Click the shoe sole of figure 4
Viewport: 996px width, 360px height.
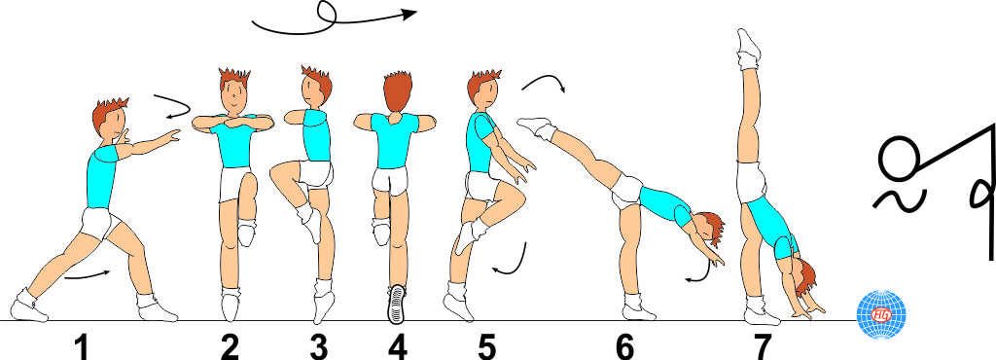[396, 303]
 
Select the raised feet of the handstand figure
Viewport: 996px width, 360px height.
[748, 45]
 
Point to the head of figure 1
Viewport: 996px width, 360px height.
[109, 122]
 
